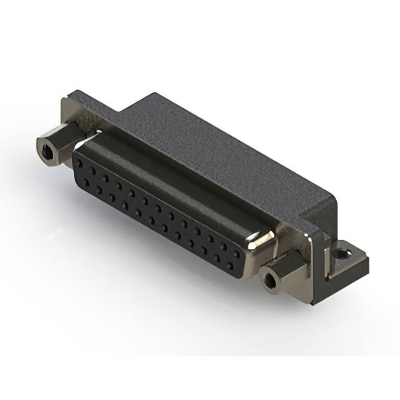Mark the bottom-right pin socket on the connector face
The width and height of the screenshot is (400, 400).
pos(231,267)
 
